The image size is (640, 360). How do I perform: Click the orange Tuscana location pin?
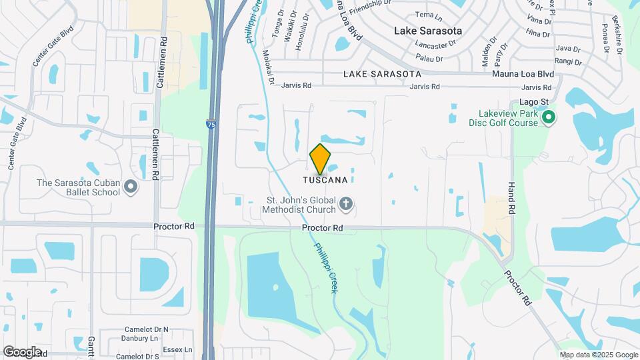(x=321, y=159)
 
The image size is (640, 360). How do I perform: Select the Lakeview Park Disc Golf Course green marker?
(x=549, y=119)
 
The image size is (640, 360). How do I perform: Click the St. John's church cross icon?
(x=345, y=203)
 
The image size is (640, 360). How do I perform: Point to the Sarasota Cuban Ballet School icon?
(x=131, y=187)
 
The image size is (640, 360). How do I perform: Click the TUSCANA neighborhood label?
(x=325, y=180)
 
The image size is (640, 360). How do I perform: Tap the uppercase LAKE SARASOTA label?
(x=382, y=73)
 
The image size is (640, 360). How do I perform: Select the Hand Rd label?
(x=512, y=198)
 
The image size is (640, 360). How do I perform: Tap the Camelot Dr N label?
(x=147, y=329)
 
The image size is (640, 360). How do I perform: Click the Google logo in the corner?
(x=22, y=351)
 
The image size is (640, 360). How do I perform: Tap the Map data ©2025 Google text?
(x=598, y=355)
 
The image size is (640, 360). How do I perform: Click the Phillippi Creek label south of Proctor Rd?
(x=325, y=266)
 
